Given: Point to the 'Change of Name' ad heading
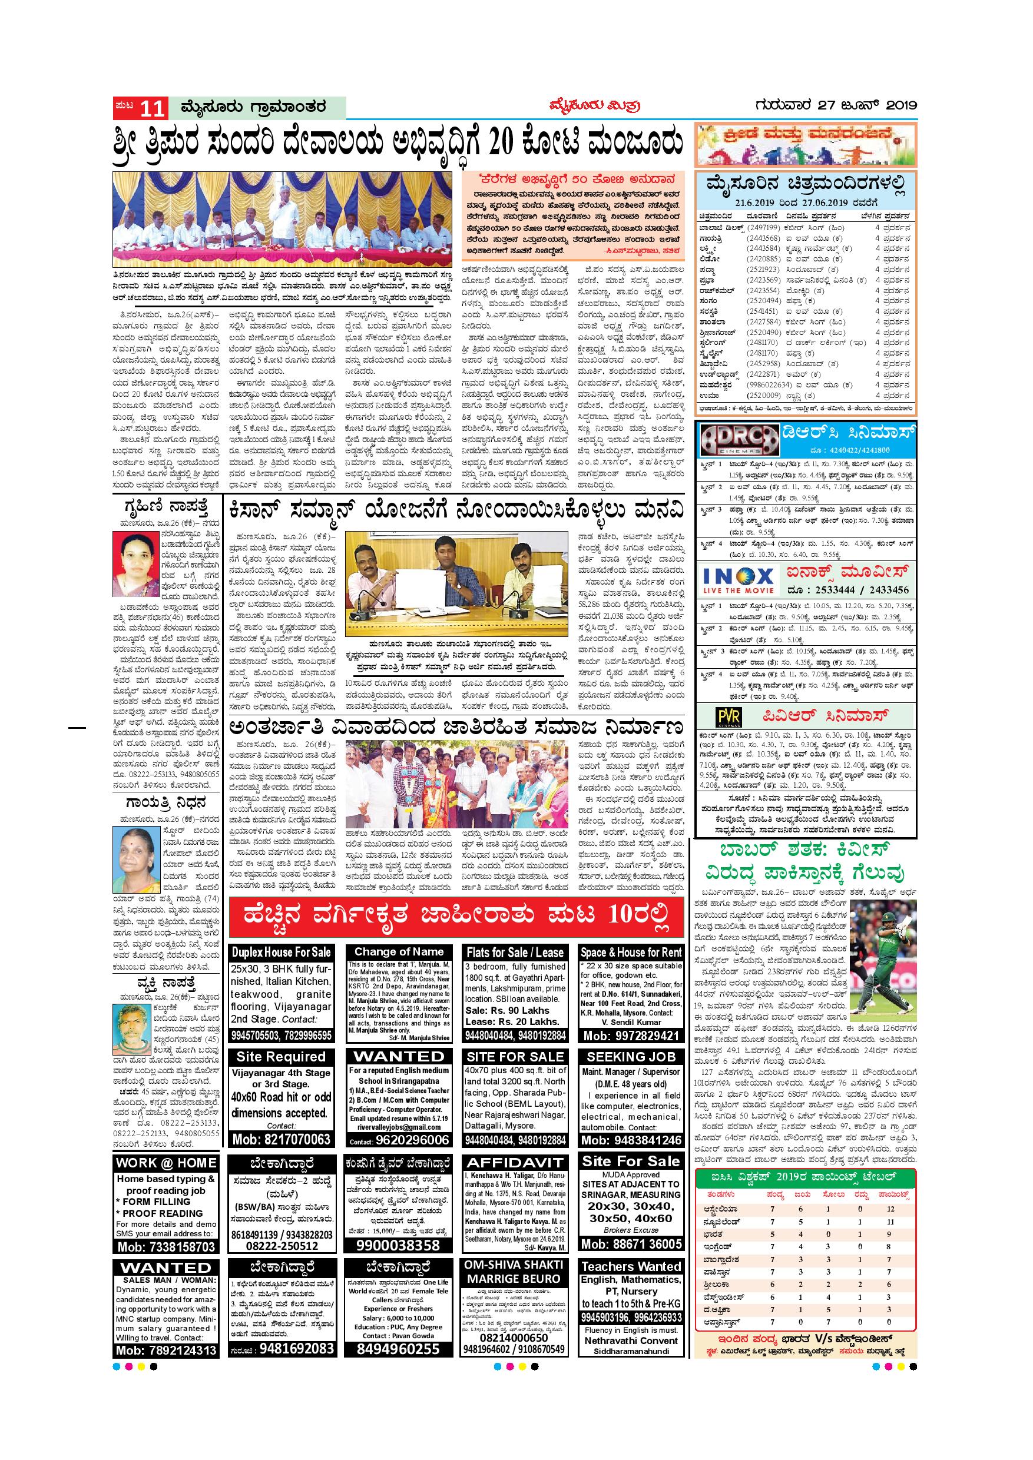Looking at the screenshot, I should click(x=399, y=951).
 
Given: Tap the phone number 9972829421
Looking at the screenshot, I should click(x=631, y=1036).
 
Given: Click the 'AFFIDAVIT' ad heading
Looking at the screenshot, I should click(x=515, y=1163).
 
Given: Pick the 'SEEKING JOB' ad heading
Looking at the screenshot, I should click(x=630, y=1057).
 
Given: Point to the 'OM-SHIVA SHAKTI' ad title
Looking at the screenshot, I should click(x=514, y=1265).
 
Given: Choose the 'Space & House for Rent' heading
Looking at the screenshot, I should click(x=631, y=952).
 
